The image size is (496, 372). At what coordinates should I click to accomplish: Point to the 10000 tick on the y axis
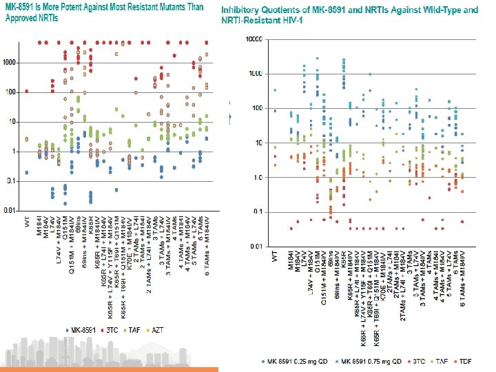pos(254,39)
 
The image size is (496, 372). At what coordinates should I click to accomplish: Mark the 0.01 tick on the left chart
pos(11,209)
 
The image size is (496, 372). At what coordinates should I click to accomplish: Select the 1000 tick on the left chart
pos(11,63)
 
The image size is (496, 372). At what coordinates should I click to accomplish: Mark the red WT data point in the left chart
pos(26,91)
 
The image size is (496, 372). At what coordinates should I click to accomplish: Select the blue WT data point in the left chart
pos(26,172)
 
